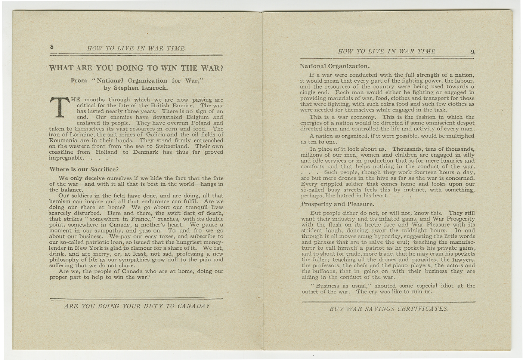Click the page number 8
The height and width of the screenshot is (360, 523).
52,47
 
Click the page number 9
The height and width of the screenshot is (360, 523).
473,52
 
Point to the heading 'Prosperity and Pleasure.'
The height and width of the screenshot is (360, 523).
338,204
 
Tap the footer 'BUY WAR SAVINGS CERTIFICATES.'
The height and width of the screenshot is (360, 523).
389,309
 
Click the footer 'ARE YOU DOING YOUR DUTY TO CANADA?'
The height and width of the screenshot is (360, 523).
137,306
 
